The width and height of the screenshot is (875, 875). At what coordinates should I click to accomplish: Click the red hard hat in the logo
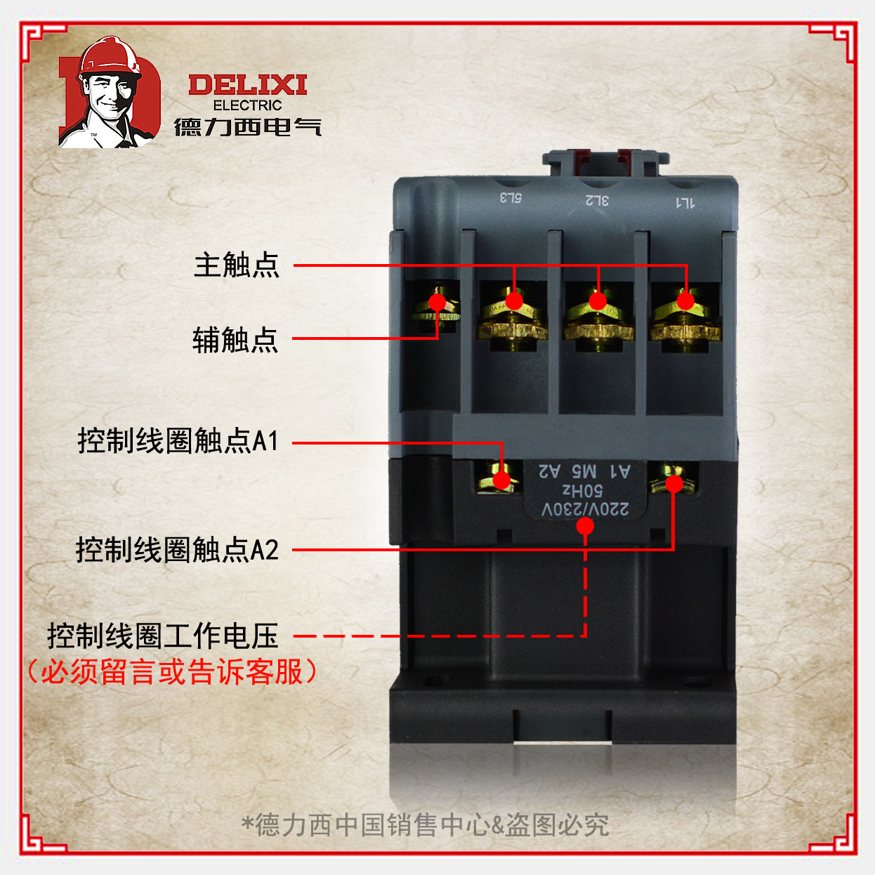pos(110,55)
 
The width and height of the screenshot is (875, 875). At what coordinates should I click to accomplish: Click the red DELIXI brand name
pos(247,86)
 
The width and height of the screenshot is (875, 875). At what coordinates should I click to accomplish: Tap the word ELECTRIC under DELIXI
pos(247,105)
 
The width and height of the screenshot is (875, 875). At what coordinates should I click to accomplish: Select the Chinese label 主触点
pos(237,265)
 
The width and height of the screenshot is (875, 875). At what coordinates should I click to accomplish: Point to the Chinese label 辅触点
pos(235,340)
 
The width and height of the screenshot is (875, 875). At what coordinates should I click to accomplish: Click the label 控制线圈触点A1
pos(178,441)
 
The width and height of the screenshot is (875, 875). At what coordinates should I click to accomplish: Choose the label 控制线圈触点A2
pos(177,550)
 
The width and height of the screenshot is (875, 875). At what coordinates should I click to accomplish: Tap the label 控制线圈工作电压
pos(163,636)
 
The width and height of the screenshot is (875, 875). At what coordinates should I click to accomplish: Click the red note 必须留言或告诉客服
pos(171,672)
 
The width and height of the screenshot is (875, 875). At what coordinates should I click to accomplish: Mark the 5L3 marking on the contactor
pos(511,197)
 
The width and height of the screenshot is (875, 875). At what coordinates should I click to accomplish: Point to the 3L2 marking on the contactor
pos(598,200)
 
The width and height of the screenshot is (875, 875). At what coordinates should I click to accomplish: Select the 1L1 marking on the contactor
pos(685,203)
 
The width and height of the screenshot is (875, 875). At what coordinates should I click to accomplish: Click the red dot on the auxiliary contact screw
pos(438,303)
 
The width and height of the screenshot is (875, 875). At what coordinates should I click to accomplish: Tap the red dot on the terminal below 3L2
pos(598,301)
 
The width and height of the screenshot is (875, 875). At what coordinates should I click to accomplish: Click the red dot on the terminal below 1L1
pos(685,301)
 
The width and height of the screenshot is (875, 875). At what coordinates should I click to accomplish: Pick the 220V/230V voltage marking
pos(584,508)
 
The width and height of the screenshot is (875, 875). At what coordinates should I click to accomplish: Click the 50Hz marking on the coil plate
pos(583,489)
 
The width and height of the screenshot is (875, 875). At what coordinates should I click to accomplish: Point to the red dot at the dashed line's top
pos(585,526)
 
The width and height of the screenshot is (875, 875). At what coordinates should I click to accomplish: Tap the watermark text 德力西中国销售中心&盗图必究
pos(426,824)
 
